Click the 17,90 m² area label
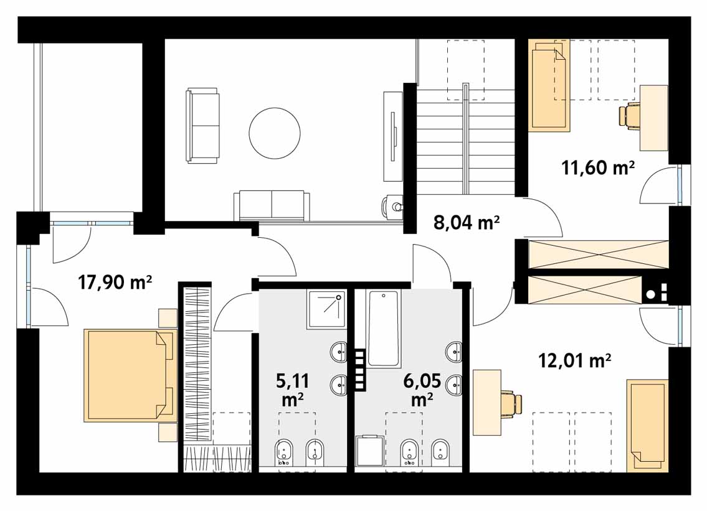(115, 283)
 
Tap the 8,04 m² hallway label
(466, 223)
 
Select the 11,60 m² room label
(598, 168)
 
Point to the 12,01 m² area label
(575, 360)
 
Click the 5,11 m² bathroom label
(292, 390)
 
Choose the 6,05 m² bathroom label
(422, 390)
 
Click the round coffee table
(275, 133)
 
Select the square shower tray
(327, 309)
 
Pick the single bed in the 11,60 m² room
(549, 86)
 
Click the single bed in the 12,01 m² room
(647, 426)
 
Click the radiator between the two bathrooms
(360, 370)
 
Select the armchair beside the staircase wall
(392, 207)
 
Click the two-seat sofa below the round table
(272, 205)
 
